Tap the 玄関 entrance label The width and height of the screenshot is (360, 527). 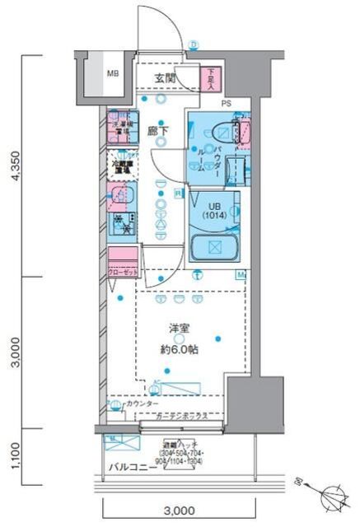(164, 78)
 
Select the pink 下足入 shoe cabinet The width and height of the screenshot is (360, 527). (211, 79)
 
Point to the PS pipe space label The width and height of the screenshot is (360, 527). (226, 103)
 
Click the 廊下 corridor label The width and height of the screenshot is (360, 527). (158, 129)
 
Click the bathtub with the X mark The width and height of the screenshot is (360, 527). (213, 247)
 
